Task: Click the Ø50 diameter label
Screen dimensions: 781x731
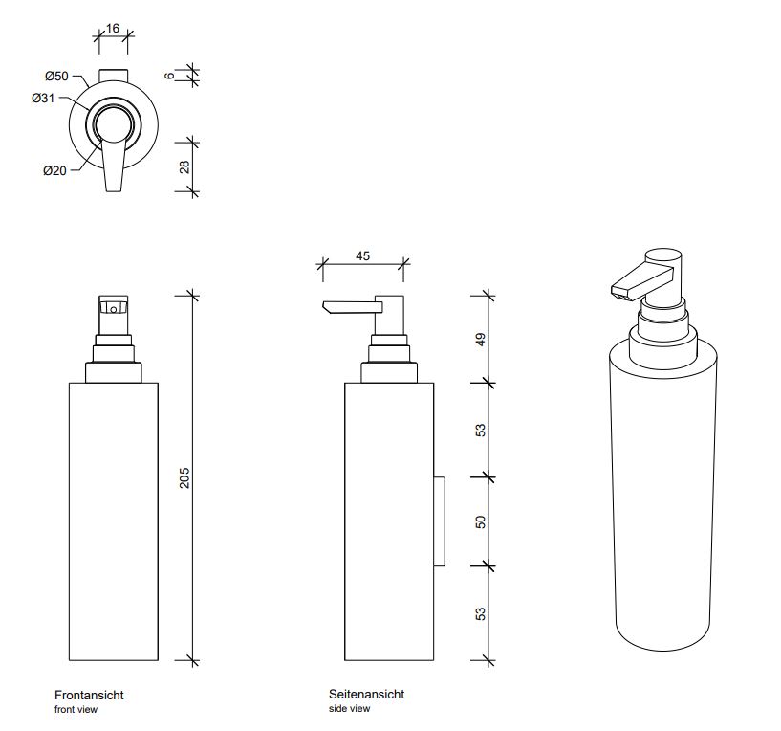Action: coord(56,77)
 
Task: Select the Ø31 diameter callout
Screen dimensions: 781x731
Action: coord(43,99)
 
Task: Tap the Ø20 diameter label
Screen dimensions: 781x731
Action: coord(54,171)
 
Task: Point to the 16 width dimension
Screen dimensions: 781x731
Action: coord(113,29)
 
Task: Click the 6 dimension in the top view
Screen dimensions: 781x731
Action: coord(170,76)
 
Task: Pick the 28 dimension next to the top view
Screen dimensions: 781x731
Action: coord(184,167)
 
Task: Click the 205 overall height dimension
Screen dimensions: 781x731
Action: coord(184,477)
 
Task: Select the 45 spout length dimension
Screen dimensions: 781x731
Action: coord(362,255)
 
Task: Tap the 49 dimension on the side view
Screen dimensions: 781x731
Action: coord(480,340)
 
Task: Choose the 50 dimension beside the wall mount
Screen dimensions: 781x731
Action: coord(480,522)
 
